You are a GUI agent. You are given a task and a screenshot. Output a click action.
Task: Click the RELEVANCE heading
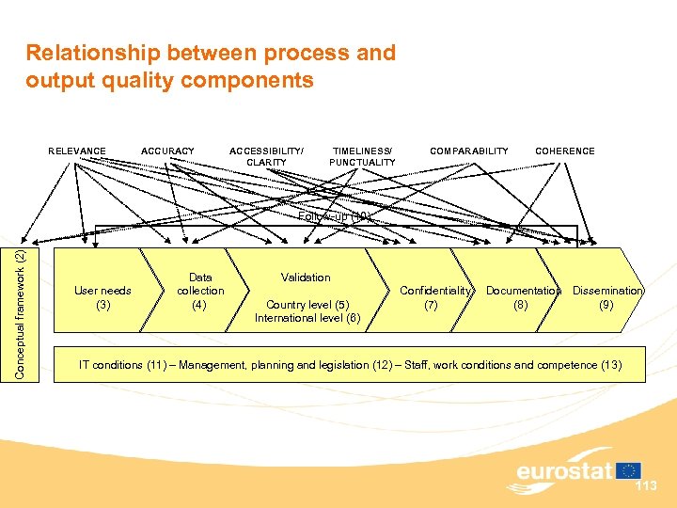(x=77, y=151)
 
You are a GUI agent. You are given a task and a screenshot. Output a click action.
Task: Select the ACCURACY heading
(x=167, y=151)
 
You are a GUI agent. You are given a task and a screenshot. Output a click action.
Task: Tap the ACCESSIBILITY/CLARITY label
(x=267, y=156)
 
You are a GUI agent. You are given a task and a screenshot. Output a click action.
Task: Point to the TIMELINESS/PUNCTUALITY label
(x=362, y=156)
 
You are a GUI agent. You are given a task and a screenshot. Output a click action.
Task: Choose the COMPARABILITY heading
(x=469, y=151)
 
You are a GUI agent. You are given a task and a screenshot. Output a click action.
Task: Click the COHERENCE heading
(x=564, y=151)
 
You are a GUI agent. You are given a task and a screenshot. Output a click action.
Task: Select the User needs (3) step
(x=102, y=297)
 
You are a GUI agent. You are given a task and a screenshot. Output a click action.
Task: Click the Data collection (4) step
(x=200, y=291)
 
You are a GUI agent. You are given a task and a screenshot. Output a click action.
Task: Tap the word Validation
(x=306, y=278)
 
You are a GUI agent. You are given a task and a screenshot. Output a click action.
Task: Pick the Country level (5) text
(x=307, y=305)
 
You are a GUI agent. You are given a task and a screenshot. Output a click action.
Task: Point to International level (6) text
(x=307, y=318)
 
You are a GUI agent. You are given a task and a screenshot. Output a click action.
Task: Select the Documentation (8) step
(x=523, y=297)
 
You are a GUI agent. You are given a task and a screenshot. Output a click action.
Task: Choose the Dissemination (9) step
(x=607, y=297)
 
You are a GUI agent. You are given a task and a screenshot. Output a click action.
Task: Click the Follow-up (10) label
(x=336, y=216)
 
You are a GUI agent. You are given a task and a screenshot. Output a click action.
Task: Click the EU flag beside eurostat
(x=628, y=470)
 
